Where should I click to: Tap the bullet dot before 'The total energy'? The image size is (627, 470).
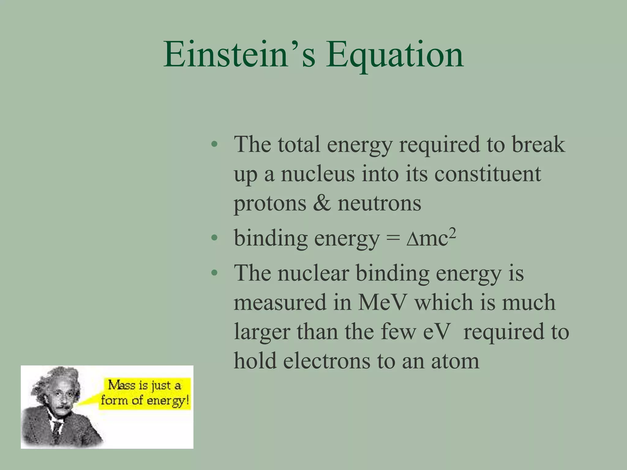coord(214,144)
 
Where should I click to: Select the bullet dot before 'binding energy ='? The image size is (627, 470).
coord(214,238)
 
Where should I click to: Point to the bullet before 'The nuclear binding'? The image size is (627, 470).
coord(214,273)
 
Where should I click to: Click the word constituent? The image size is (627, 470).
coord(487,174)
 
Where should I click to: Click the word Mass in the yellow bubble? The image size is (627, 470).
coord(122,385)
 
